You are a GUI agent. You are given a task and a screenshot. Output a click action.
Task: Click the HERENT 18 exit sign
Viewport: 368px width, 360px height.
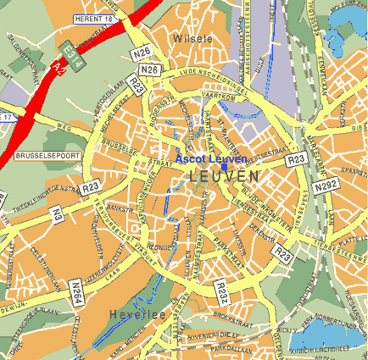(93, 17)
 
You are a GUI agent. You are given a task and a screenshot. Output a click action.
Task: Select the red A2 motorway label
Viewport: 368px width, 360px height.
(58, 65)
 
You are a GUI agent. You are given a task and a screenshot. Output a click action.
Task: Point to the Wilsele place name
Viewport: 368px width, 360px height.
(190, 39)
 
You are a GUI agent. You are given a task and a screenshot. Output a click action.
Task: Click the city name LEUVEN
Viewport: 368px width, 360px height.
(226, 176)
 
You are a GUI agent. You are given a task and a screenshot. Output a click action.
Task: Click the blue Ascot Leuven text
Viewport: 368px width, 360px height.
(212, 158)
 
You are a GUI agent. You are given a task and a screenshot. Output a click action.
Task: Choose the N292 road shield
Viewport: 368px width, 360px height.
(326, 185)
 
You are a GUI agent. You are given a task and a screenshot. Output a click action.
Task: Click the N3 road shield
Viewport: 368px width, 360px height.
(57, 212)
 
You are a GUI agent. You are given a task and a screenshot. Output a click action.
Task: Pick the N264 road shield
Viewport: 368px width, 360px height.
(77, 289)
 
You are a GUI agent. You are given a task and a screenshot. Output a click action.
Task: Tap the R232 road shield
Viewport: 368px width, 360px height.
(220, 294)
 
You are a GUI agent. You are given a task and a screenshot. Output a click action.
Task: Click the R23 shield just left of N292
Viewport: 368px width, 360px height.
(295, 158)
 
